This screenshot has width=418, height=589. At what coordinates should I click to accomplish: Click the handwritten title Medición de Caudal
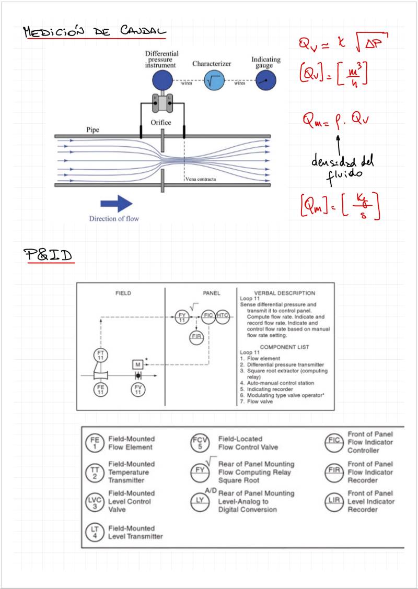tap(94, 32)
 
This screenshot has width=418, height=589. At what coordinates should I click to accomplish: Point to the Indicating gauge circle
tap(265, 80)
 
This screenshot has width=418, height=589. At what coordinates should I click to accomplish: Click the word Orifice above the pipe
tap(161, 122)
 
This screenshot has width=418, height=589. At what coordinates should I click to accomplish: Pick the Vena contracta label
tap(201, 179)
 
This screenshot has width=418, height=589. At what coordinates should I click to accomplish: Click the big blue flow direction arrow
tap(117, 203)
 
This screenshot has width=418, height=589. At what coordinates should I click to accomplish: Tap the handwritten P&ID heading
tap(48, 255)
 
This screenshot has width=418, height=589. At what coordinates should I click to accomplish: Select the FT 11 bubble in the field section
tap(101, 356)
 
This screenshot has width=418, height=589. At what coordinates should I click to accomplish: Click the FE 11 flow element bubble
tap(101, 389)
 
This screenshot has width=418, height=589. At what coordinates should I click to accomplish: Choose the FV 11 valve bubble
tap(138, 389)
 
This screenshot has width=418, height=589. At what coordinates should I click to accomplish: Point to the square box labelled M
tap(138, 364)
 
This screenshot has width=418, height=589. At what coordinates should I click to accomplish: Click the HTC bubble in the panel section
tap(223, 316)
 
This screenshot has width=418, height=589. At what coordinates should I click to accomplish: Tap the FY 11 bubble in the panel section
tap(182, 316)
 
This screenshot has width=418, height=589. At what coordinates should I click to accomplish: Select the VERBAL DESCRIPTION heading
tap(284, 293)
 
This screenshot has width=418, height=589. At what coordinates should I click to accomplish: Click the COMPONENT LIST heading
tap(284, 347)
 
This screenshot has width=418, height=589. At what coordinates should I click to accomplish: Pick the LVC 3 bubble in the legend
tap(92, 501)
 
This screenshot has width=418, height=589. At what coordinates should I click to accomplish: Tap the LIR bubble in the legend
tap(333, 501)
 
